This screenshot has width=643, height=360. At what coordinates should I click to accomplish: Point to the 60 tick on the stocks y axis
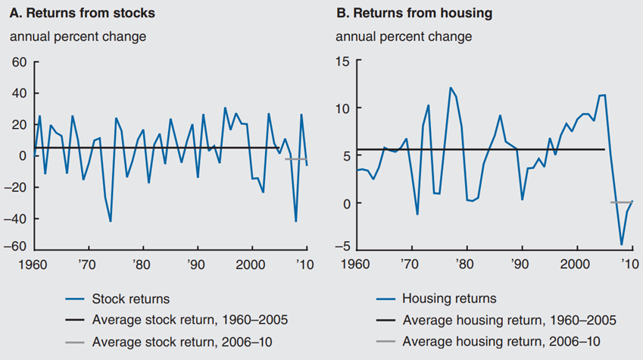(x=19, y=62)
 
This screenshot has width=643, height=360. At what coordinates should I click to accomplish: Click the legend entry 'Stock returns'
(x=127, y=299)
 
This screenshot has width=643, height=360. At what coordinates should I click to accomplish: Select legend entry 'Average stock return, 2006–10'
(x=182, y=342)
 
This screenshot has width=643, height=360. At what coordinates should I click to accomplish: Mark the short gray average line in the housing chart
(x=621, y=202)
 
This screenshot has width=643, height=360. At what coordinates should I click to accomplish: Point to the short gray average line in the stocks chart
(x=295, y=159)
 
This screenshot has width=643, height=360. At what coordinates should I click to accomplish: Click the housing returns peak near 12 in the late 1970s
(x=451, y=88)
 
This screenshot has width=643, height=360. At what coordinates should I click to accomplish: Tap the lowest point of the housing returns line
(x=622, y=245)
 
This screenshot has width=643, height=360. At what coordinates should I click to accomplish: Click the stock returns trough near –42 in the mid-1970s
(x=111, y=221)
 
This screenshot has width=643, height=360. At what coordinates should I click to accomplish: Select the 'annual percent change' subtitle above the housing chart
(x=404, y=36)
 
